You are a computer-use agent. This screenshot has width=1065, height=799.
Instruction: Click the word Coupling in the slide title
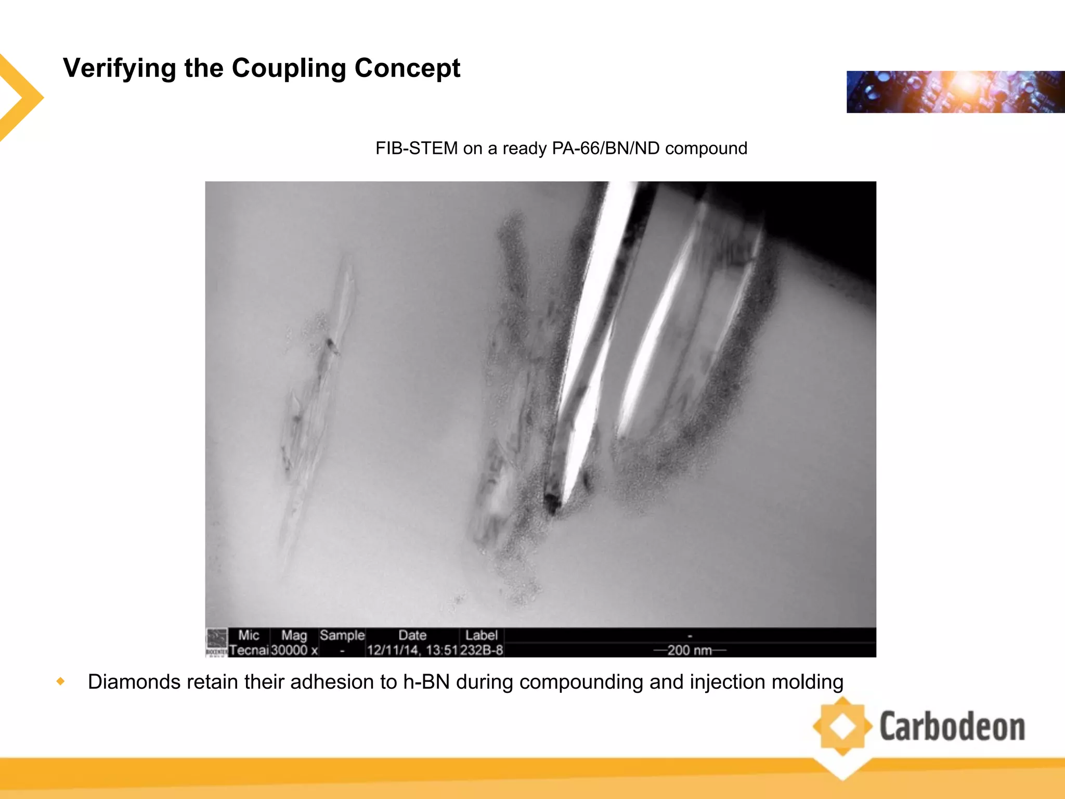289,69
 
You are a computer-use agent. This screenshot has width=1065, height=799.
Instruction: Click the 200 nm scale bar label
690,650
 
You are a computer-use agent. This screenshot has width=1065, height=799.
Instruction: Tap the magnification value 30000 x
294,650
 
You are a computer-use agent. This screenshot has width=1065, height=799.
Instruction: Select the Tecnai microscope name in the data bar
249,650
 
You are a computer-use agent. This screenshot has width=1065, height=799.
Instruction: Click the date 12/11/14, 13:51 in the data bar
412,650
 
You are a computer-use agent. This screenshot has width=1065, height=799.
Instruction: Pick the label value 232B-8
482,650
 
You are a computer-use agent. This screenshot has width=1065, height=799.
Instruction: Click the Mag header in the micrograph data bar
294,635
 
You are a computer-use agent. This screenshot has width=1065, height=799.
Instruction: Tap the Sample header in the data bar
342,635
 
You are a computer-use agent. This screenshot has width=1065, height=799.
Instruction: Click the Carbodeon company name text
952,727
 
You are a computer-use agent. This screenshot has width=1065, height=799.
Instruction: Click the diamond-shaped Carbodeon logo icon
842,727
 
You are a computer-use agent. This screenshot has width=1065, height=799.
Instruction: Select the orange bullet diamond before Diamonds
61,681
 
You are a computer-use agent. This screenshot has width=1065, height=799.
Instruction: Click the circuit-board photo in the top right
955,92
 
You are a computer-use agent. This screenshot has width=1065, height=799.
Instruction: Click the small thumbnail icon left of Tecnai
217,641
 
